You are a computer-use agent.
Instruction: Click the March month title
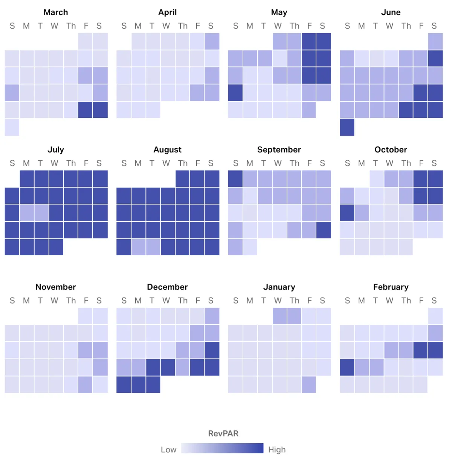tap(56, 12)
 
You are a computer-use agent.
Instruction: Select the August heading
tap(167, 150)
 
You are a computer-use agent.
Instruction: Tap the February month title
tap(391, 287)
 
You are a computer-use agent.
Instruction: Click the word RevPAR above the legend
tap(223, 434)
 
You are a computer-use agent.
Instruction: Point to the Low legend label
tap(168, 450)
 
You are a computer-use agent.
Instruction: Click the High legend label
tap(277, 450)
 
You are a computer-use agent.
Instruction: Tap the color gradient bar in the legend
tap(222, 448)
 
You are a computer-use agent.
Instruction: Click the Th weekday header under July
tap(71, 163)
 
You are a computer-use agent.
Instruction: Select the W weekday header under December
tap(166, 301)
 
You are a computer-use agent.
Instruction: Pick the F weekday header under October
tap(421, 163)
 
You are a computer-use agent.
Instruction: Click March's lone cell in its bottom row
tap(12, 127)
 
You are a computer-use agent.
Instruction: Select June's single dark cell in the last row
tap(347, 127)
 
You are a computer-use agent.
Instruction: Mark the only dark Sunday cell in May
tap(235, 93)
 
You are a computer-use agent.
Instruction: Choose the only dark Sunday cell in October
tap(347, 213)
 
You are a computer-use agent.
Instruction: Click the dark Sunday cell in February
tap(347, 368)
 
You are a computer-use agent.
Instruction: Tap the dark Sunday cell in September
tap(235, 179)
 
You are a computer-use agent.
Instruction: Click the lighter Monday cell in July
tap(27, 213)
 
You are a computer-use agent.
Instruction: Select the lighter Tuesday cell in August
tap(153, 247)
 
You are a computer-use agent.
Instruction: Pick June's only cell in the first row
tap(435, 41)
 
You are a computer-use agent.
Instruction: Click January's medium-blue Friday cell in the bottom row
tap(309, 385)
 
